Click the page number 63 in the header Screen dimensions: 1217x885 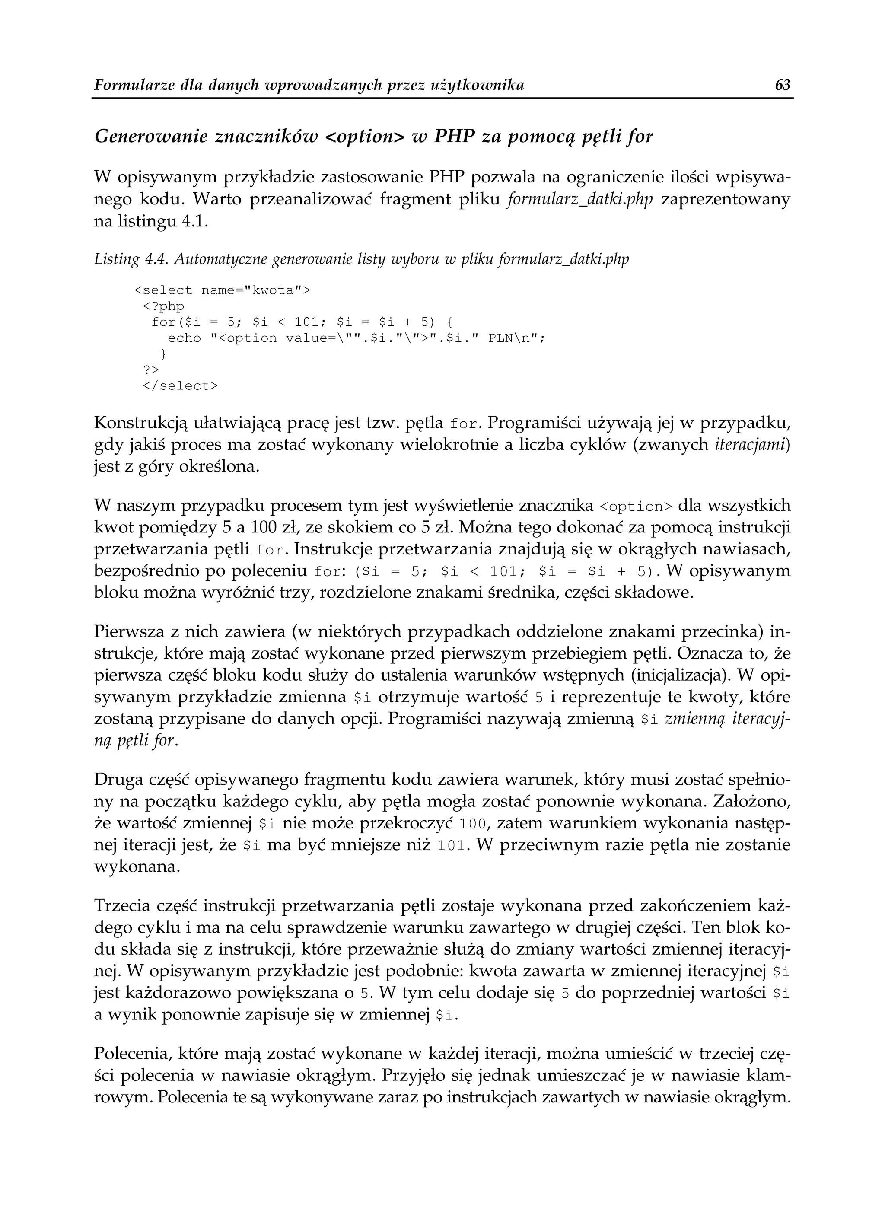coord(783,85)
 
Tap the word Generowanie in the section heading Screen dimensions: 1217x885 coord(151,137)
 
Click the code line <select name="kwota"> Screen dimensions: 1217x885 coord(222,290)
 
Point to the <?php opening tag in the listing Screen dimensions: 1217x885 coord(163,306)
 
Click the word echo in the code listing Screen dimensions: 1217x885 coord(184,338)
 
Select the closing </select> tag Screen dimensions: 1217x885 coord(180,386)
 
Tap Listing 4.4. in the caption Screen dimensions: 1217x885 coord(124,260)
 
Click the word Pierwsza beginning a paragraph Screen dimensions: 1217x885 coord(127,631)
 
